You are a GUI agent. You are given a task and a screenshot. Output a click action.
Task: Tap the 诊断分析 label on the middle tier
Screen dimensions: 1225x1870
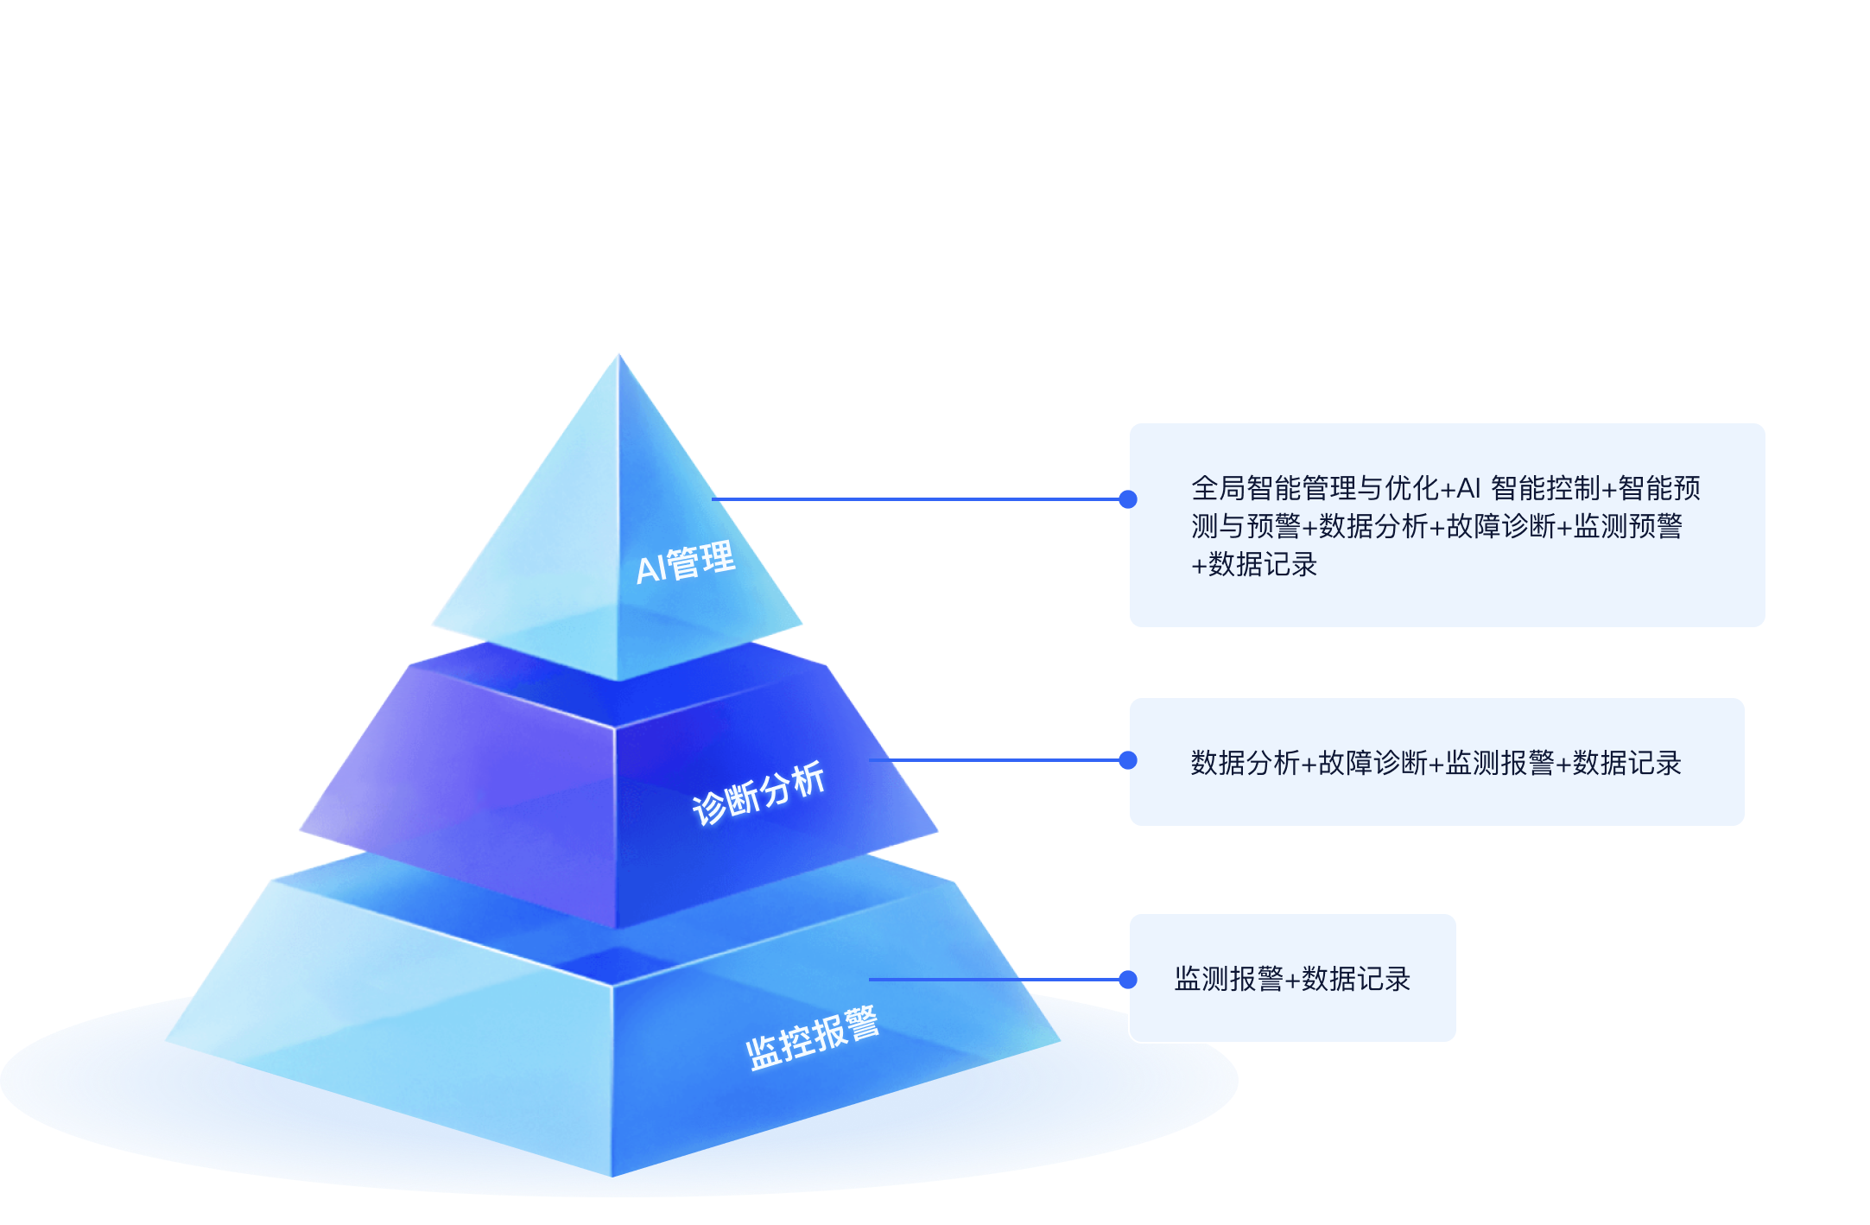click(x=758, y=793)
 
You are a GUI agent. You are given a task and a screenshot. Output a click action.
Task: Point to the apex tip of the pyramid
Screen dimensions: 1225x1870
click(x=618, y=356)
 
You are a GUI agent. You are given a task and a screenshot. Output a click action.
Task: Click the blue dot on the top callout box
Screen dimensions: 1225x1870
click(x=1127, y=499)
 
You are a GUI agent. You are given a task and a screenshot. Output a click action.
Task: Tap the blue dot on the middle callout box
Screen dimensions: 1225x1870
click(x=1127, y=760)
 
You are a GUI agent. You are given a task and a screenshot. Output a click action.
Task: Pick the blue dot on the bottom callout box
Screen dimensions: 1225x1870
click(x=1127, y=980)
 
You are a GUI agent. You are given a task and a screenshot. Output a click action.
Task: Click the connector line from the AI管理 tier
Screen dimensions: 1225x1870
click(x=916, y=499)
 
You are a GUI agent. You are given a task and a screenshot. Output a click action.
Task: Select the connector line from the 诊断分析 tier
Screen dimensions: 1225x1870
click(x=993, y=760)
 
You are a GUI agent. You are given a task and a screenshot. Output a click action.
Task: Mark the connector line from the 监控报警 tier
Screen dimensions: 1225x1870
click(x=993, y=980)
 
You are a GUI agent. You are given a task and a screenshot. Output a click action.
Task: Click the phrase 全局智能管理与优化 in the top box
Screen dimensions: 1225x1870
click(x=1315, y=489)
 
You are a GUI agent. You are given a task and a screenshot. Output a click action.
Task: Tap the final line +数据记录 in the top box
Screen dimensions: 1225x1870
click(x=1254, y=565)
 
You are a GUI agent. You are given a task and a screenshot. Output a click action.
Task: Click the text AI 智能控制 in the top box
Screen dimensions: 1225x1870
click(x=1529, y=489)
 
